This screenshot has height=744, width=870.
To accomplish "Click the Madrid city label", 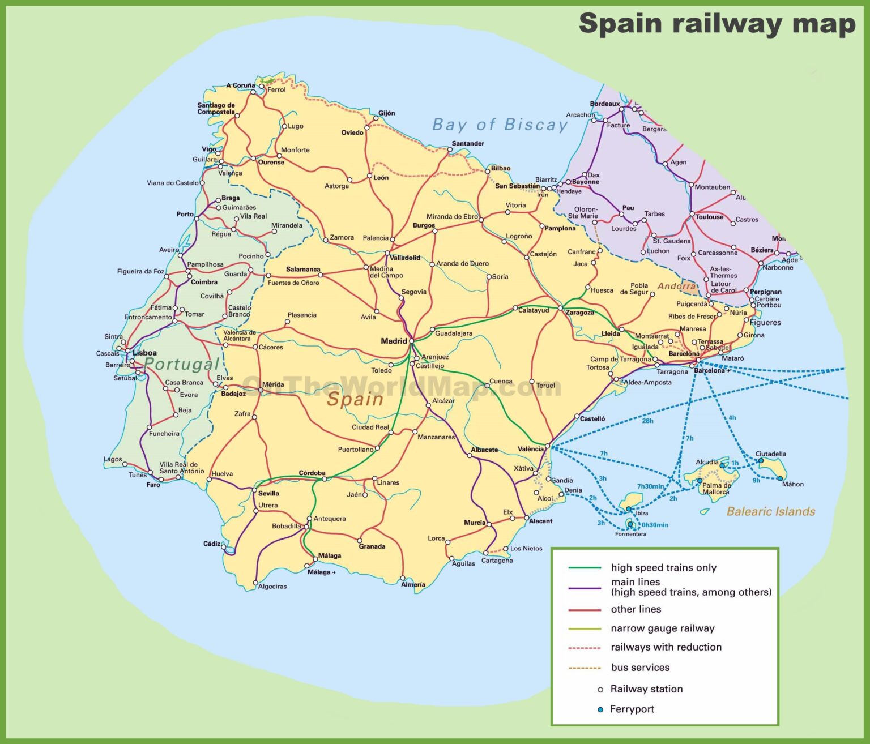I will pos(394,341).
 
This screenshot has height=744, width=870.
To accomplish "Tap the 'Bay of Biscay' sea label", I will pos(500,125).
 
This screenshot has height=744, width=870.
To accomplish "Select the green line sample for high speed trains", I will pos(584,568).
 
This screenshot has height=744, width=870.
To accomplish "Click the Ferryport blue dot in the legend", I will pos(600,709).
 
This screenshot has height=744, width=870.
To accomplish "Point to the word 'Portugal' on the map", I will pos(181,364).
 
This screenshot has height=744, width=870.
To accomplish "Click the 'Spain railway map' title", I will pos(717,24).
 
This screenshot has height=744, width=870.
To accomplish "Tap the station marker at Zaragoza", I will pos(560,308).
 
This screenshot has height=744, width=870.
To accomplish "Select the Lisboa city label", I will pos(144,353).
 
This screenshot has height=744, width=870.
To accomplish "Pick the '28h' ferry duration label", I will pos(647,421).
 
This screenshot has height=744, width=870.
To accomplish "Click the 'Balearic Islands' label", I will pos(770,511).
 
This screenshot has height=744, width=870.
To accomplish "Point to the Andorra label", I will pos(676,286).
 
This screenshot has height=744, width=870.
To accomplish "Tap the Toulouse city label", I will pos(709,217).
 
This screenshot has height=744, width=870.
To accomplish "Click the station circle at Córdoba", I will pos(325,479).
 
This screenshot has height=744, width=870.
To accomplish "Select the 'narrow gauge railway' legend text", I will pos(662,628).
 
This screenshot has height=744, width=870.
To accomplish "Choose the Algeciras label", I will pos(272,586).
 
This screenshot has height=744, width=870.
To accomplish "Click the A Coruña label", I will pos(241,85).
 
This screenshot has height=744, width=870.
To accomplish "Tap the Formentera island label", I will pos(630,534).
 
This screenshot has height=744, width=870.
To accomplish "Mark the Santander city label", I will pos(468,143).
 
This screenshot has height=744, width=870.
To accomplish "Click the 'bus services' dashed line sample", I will pos(584,668).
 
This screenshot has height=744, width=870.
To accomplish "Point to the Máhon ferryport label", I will pos(792,484).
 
